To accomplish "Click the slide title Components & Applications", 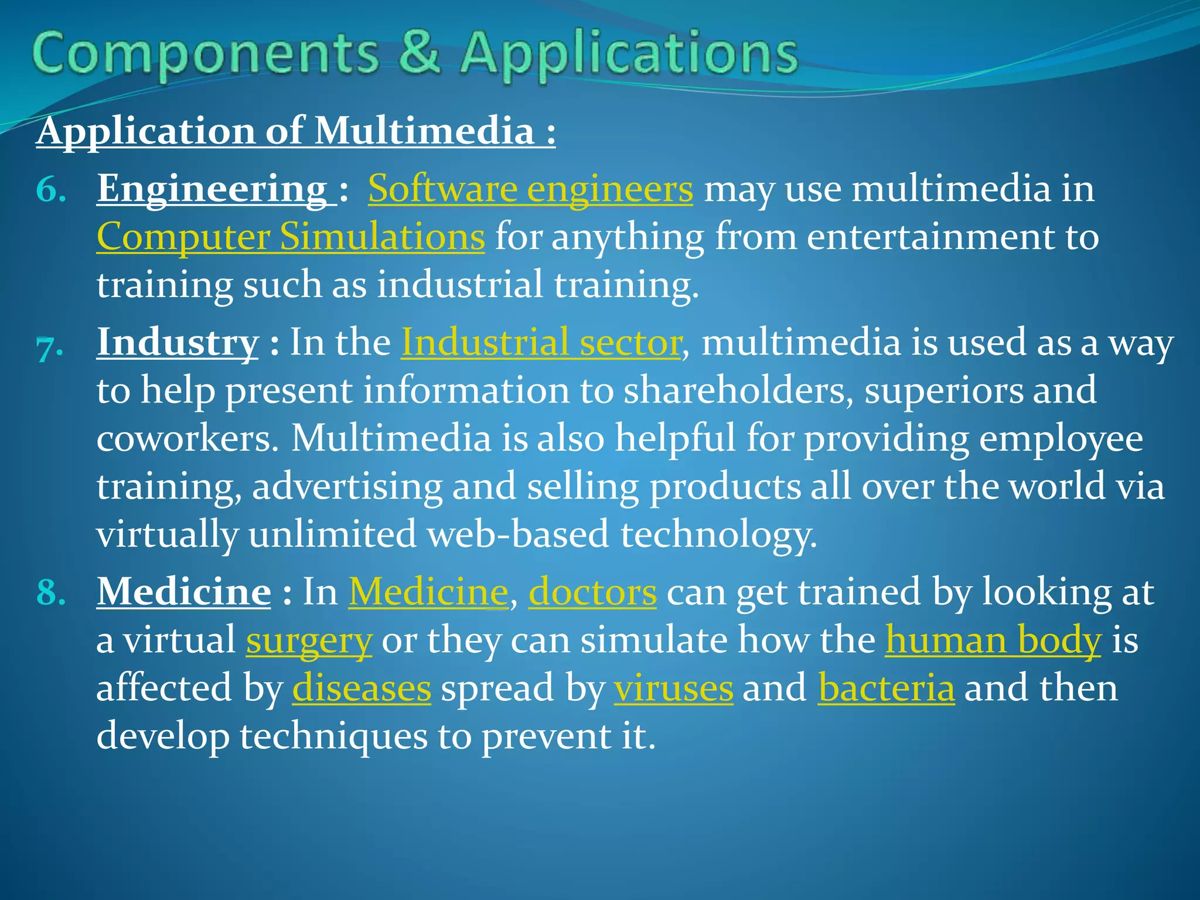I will point(415,54).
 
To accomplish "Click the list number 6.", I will point(50,190).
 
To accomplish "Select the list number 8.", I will point(50,593).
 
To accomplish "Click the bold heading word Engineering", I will point(212,189).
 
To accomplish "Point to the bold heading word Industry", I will point(178,342).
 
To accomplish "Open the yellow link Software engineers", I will point(530,189).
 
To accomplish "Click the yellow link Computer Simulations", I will point(291,237).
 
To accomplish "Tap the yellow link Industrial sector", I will point(541,342).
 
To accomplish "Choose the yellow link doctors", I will point(592,592).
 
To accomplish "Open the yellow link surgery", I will point(309,640).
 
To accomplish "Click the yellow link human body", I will point(993,640).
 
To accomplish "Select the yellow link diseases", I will point(362,688).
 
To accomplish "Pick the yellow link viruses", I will point(673,688).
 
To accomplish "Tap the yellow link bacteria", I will point(886,688).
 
